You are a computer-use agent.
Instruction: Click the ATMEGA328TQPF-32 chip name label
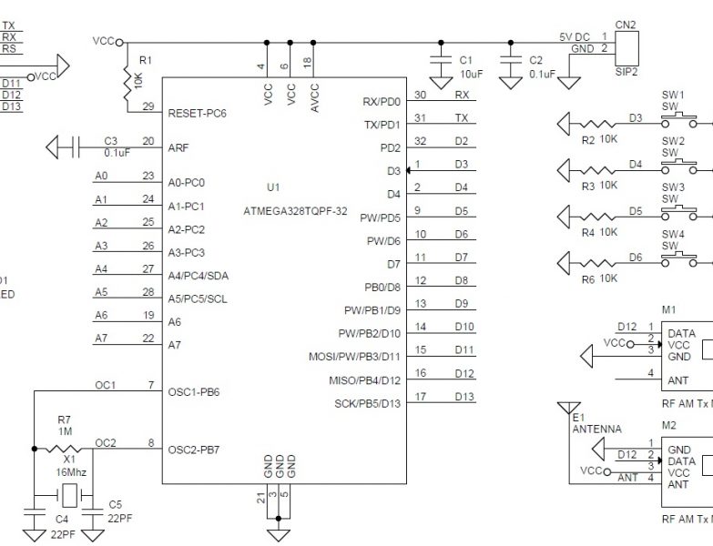click(296, 210)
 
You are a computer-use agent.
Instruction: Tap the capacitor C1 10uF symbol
click(441, 66)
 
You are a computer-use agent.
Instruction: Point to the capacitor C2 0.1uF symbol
click(511, 66)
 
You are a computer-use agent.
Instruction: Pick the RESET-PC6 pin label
click(198, 114)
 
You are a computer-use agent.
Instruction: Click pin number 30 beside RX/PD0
click(420, 95)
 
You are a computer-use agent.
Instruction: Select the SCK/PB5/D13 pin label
click(368, 403)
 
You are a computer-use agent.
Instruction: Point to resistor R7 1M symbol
click(65, 449)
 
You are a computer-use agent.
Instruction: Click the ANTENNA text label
click(597, 429)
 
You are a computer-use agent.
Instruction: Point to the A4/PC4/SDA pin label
click(199, 276)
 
